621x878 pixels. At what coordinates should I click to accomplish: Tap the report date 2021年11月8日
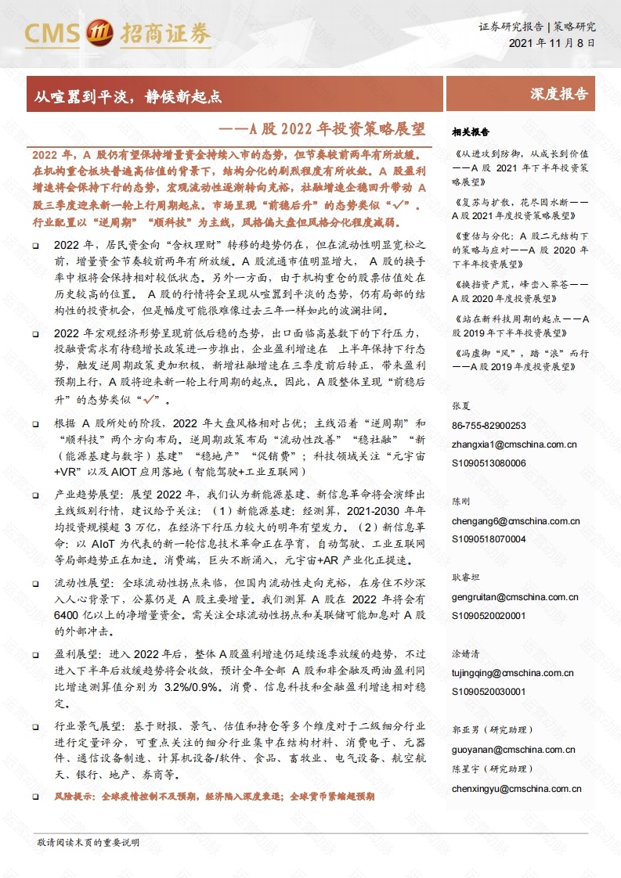pos(551,44)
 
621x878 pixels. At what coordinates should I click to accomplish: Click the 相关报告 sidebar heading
pos(471,131)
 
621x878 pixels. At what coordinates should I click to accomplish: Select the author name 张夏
pos(460,406)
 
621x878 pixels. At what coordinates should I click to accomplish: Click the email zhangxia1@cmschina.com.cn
pos(514,444)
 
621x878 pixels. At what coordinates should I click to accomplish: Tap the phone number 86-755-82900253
pos(489,425)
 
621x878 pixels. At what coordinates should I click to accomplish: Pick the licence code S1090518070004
pos(489,539)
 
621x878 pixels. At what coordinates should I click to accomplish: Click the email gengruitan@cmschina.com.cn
pos(514,596)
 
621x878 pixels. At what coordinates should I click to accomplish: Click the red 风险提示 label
pos(73,796)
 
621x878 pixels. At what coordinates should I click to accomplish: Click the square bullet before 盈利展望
pos(37,653)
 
